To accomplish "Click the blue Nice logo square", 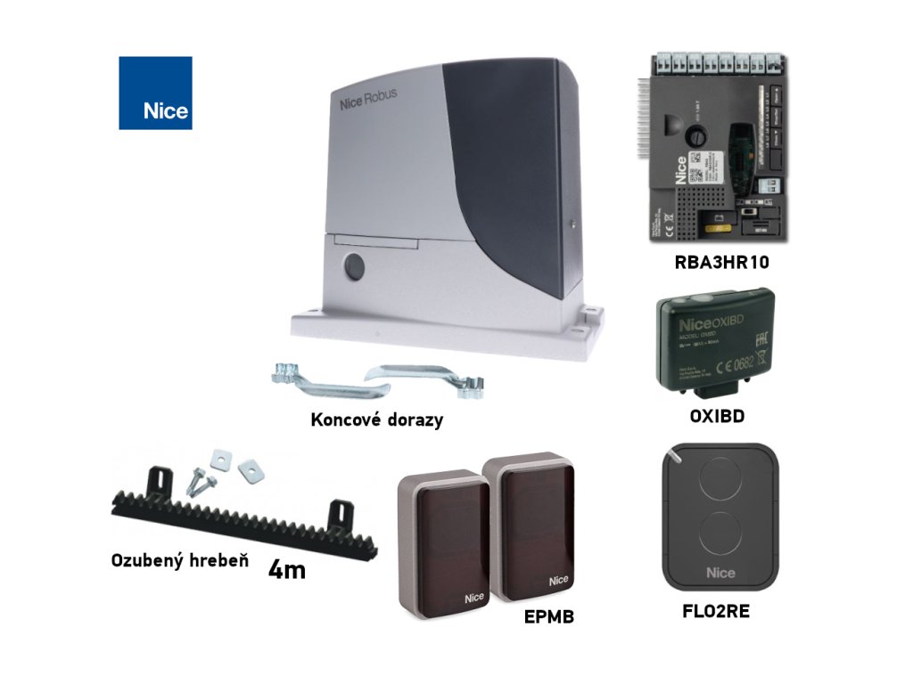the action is pyautogui.click(x=155, y=93).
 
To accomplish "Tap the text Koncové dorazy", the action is pyautogui.click(x=376, y=419).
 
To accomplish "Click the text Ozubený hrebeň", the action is pyautogui.click(x=178, y=560).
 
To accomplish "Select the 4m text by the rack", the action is pyautogui.click(x=286, y=570).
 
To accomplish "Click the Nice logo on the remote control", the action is pyautogui.click(x=720, y=572).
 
